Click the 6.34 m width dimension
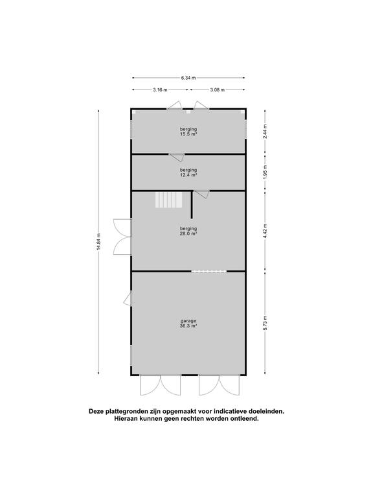(x=188, y=78)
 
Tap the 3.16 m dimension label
(x=160, y=90)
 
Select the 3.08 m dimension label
(x=218, y=90)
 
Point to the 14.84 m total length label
(x=98, y=242)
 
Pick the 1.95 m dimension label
(x=265, y=172)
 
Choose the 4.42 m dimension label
(x=265, y=231)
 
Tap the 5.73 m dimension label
(x=265, y=323)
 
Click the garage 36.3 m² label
(x=188, y=323)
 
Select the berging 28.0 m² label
(x=188, y=231)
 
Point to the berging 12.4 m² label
(x=188, y=172)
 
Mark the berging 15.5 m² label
(x=188, y=132)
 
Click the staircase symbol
(x=169, y=200)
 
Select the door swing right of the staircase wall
(x=202, y=193)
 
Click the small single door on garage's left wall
(x=128, y=298)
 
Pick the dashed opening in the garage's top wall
(x=209, y=271)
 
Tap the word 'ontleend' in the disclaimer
(x=245, y=419)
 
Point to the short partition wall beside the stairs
(x=192, y=204)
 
